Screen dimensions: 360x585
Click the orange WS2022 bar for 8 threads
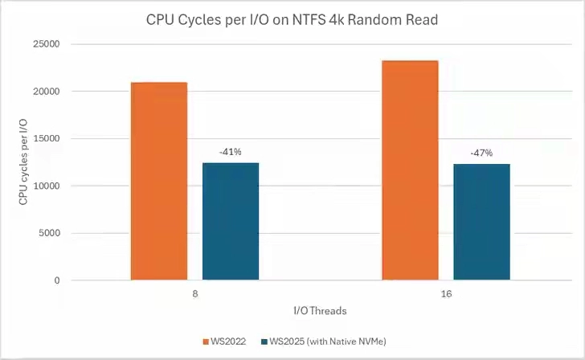tap(158, 182)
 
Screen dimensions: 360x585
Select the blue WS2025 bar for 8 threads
tap(231, 222)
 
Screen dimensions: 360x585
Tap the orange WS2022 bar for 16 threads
tap(410, 171)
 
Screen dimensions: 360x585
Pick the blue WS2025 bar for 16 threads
tap(481, 223)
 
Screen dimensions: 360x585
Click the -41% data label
tap(230, 151)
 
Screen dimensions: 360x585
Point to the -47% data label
tap(481, 153)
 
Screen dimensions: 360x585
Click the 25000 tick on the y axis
tap(47, 44)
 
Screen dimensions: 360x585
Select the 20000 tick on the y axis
tap(47, 92)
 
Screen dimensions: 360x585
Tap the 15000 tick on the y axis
tap(47, 139)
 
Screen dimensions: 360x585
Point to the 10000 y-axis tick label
tap(47, 186)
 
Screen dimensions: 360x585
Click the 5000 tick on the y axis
tap(49, 234)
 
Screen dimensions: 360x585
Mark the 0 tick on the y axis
tap(57, 280)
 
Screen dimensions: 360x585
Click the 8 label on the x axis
tap(194, 295)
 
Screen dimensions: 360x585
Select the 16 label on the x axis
tap(446, 295)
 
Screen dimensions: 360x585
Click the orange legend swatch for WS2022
tap(207, 342)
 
